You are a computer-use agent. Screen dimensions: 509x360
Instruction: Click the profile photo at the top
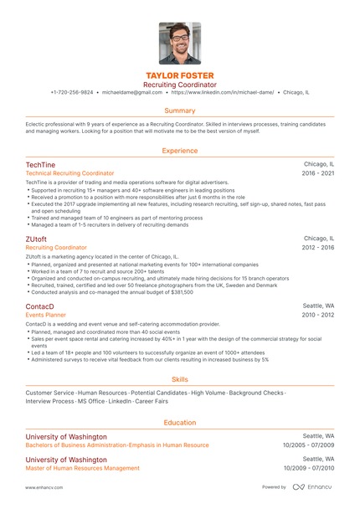pos(180,43)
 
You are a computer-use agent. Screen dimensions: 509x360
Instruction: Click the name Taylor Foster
pos(180,75)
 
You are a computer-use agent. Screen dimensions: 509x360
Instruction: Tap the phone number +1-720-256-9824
pos(73,92)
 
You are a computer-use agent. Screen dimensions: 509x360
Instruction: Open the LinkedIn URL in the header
pos(222,92)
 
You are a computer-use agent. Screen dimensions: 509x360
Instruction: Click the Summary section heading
pos(180,111)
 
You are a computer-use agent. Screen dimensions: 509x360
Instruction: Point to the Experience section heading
pos(180,151)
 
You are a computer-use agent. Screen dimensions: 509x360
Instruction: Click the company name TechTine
pos(40,164)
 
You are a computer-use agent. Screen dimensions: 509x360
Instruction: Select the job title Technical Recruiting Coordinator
pos(69,173)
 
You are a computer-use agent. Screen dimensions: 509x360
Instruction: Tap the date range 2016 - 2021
pos(318,173)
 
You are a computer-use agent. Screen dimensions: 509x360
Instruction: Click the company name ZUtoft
pos(37,239)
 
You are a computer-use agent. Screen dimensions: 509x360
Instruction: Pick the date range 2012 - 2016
pos(318,248)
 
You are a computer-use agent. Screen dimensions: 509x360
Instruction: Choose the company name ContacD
pos(40,306)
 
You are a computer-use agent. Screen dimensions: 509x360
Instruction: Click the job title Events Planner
pos(46,315)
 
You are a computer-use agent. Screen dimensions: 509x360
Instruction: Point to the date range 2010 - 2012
pos(318,315)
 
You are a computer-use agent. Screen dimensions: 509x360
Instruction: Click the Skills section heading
pos(180,379)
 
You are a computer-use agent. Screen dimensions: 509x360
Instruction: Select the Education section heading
pos(180,423)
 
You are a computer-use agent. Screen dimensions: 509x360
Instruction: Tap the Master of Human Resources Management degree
pos(82,468)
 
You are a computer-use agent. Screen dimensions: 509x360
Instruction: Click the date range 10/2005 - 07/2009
pos(309,445)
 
